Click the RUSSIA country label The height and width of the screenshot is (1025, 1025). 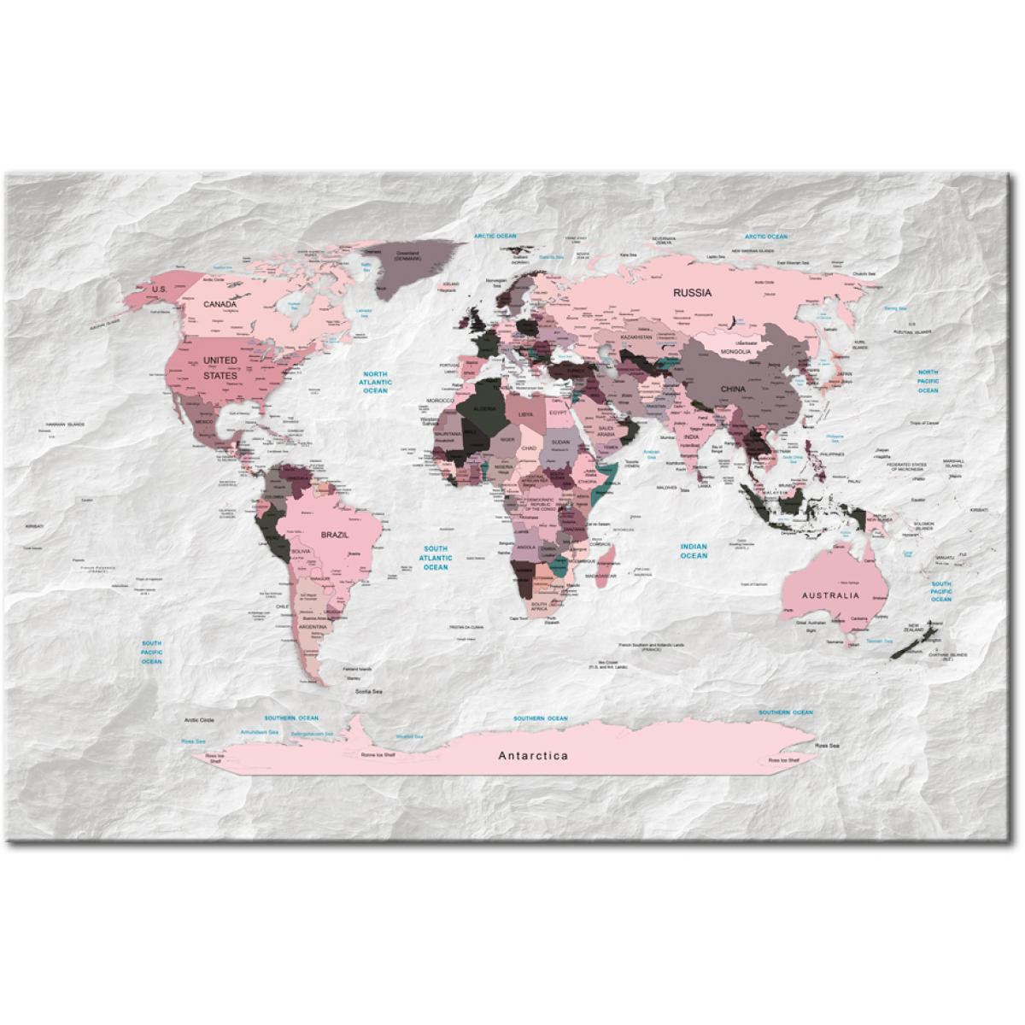692,292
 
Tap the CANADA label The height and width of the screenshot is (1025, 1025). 220,303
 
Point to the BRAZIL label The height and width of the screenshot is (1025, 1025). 334,534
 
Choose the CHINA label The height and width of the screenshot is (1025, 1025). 732,389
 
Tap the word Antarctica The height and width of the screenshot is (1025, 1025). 533,755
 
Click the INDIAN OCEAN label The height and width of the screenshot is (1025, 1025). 694,550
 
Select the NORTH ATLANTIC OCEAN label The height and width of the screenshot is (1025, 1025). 375,382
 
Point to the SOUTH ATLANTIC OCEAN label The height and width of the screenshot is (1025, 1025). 436,558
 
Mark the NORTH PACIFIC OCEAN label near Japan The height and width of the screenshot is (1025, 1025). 928,381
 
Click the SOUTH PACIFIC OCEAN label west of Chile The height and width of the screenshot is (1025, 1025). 152,652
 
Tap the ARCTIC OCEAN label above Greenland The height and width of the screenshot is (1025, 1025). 496,235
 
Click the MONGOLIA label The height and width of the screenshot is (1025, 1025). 735,351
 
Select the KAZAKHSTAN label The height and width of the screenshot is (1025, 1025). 635,337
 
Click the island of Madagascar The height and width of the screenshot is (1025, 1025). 608,561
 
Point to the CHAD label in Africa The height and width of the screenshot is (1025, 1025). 529,447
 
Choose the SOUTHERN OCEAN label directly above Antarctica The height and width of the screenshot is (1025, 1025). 540,718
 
